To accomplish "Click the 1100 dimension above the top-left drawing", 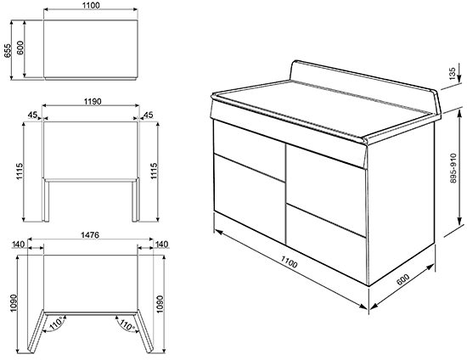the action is pos(92,5).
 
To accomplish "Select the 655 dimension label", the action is pos(7,50).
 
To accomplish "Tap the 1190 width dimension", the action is pos(93,102).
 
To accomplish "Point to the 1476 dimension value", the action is pos(90,235).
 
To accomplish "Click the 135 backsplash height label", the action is pos(453,74).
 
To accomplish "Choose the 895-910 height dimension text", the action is pos(453,168).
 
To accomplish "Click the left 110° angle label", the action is pos(57,323).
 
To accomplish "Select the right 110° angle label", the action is pos(127,324).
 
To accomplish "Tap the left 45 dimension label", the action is pos(32,115).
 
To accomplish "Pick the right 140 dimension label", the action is pos(161,245).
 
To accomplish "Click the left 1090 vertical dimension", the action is pos(14,303).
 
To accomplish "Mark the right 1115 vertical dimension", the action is pos(155,172).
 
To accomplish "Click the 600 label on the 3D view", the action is pos(403,279).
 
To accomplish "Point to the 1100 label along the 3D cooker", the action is pos(289,262).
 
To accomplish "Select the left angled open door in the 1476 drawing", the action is pos(37,332).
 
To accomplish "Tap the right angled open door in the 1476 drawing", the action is pos(144,332).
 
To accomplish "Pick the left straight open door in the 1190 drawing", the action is pos(46,200).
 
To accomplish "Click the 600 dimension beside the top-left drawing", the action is pos(20,48).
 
